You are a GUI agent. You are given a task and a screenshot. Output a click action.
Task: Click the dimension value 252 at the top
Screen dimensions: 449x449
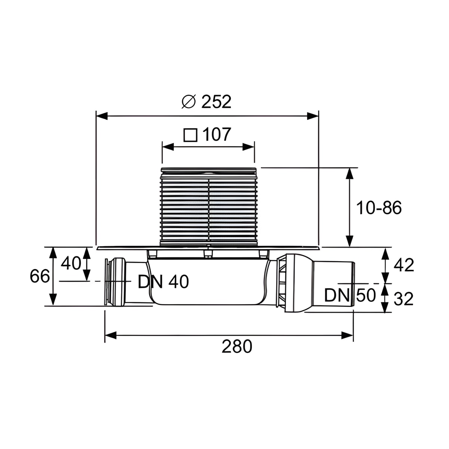click(x=216, y=102)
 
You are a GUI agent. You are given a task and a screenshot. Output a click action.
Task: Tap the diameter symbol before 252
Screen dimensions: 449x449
click(x=188, y=102)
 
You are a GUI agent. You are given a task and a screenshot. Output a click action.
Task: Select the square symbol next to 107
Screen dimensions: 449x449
click(x=190, y=135)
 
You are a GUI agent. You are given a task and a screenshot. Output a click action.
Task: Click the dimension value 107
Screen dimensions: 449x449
click(x=217, y=134)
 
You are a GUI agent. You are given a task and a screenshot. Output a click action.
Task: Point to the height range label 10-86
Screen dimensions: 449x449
click(x=379, y=208)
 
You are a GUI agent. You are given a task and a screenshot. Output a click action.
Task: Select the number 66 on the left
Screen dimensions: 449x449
click(x=40, y=276)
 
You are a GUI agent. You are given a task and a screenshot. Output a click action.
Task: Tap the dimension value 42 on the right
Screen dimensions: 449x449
click(x=404, y=265)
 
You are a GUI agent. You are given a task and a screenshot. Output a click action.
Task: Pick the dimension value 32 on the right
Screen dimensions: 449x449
click(x=404, y=299)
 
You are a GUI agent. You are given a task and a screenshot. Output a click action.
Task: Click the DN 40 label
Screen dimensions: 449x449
click(x=164, y=282)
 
